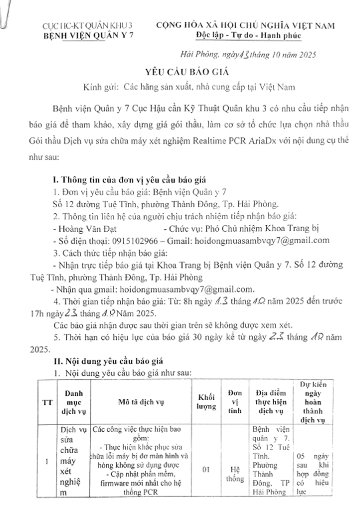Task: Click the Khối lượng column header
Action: pos(206,402)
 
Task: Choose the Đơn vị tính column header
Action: pos(235,402)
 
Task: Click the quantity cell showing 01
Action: pos(206,470)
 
